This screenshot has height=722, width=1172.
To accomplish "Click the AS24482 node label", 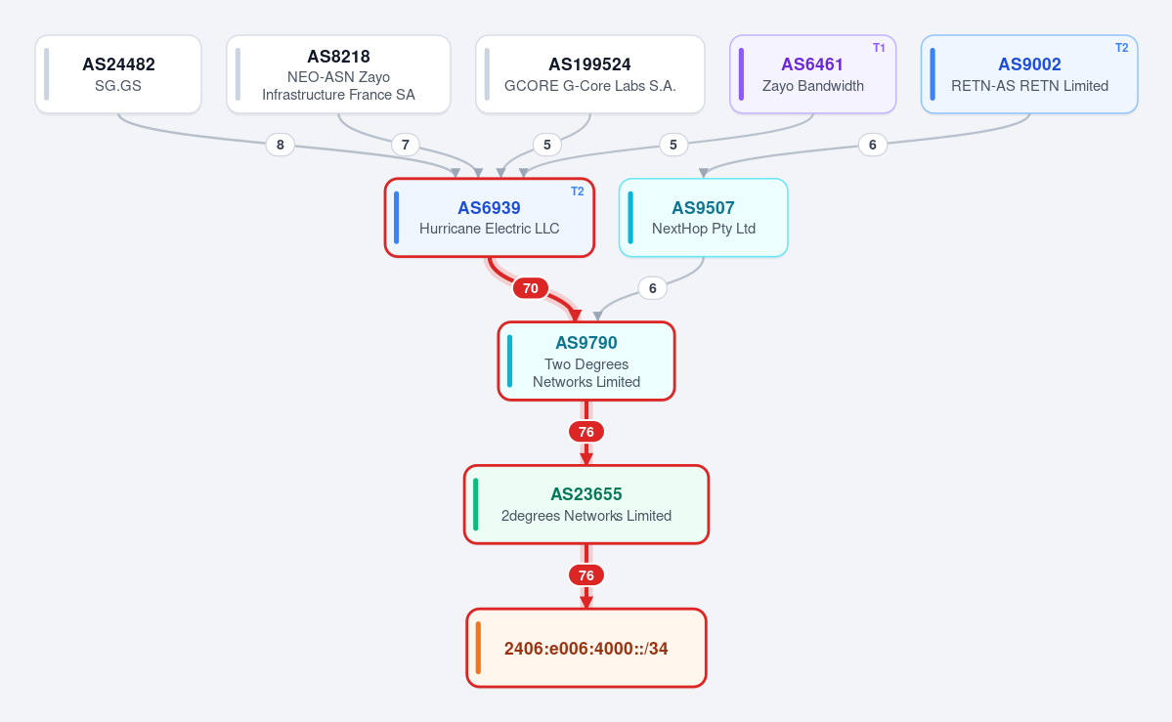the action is point(118,64).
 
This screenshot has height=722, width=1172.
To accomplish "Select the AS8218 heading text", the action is point(338,57).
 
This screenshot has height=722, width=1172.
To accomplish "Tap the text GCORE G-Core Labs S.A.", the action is point(589,86).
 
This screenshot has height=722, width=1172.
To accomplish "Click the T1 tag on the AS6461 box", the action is point(879,48).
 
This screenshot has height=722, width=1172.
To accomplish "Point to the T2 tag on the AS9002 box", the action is point(1121,48).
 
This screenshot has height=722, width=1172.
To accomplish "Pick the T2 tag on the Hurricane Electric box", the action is point(577,191).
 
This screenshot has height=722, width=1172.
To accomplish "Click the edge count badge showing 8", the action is point(281,145).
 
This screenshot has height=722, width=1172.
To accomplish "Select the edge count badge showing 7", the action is point(405,145).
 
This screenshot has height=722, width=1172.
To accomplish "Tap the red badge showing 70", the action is point(530,288).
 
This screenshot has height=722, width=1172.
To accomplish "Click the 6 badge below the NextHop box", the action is point(653,288).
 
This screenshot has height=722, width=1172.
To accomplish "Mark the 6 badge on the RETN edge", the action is point(872,145).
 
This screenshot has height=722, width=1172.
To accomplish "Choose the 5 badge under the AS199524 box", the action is point(547,145).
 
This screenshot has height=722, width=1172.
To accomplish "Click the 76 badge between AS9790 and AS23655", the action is point(586,432).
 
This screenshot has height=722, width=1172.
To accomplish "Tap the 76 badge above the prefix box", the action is point(586,575).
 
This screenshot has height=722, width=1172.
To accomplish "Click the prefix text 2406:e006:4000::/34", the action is point(586,649).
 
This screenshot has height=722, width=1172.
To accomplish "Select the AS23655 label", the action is point(586,494).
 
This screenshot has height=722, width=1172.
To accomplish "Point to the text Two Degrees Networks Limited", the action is point(586,373).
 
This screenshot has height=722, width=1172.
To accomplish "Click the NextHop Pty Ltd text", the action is point(704,229).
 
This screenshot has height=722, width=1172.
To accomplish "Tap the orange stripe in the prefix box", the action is point(478,648).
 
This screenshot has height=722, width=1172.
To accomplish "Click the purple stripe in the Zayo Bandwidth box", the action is point(742,74).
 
